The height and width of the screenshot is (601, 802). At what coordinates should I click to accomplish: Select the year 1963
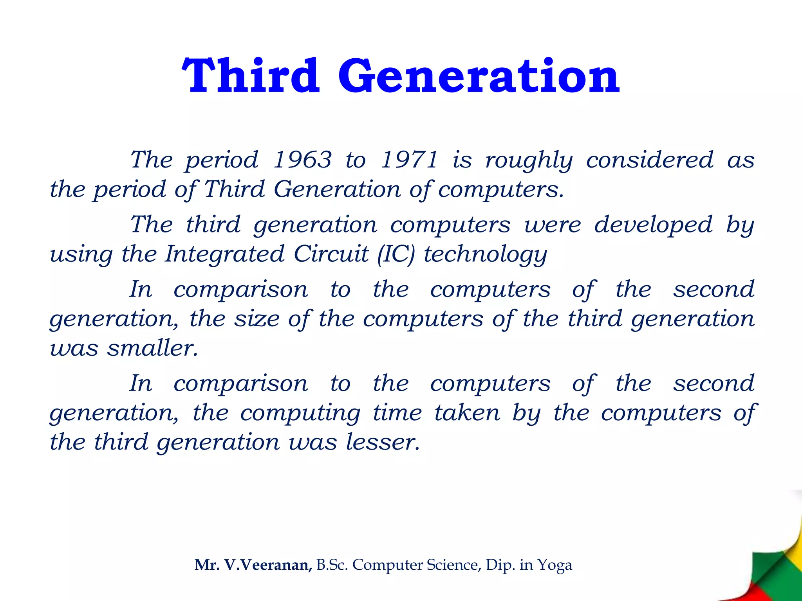click(302, 160)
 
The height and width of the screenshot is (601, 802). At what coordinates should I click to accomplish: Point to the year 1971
click(409, 160)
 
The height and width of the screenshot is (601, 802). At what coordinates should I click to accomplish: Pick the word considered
click(650, 160)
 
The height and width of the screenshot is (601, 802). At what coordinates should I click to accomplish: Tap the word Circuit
click(331, 254)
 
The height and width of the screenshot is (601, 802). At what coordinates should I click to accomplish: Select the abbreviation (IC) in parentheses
click(396, 254)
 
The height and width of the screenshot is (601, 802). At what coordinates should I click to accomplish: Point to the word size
click(256, 318)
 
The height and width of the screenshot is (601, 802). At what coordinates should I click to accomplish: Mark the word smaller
click(153, 347)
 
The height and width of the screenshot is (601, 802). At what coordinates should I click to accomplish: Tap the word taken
click(467, 412)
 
